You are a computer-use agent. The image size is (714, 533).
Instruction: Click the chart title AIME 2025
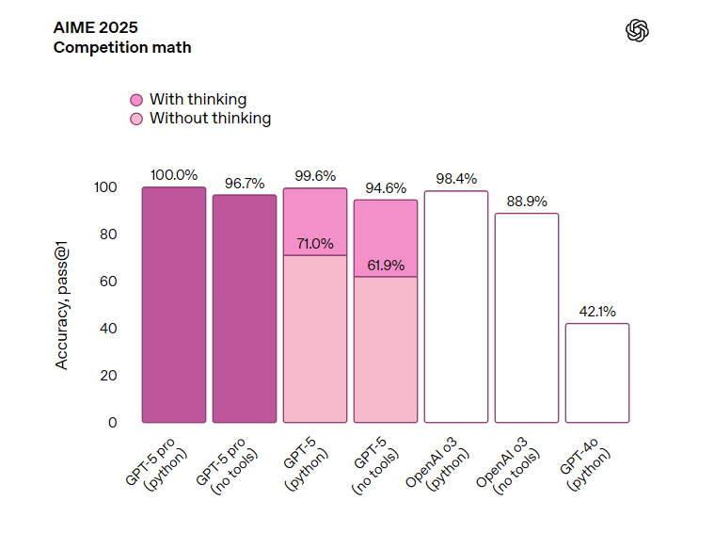tap(95, 27)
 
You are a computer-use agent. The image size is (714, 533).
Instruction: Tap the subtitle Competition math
tap(122, 47)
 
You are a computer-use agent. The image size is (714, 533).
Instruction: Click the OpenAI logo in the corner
tap(638, 31)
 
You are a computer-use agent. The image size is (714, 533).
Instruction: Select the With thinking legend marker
tap(136, 100)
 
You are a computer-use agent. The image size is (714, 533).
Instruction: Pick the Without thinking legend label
tap(210, 119)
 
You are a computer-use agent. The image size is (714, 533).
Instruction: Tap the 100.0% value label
tap(174, 175)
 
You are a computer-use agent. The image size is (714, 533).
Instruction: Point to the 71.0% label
tap(315, 244)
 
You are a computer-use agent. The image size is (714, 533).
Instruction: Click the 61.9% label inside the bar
tap(386, 266)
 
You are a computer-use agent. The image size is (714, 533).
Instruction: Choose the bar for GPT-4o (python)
tap(597, 373)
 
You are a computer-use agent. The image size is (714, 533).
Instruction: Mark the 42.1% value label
tap(597, 312)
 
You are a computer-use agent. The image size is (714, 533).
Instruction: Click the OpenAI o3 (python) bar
tap(456, 306)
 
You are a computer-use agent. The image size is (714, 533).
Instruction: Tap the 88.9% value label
tap(527, 202)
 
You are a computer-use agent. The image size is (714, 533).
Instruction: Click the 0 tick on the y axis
tap(113, 423)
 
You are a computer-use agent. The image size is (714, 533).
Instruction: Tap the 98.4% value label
tap(456, 179)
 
